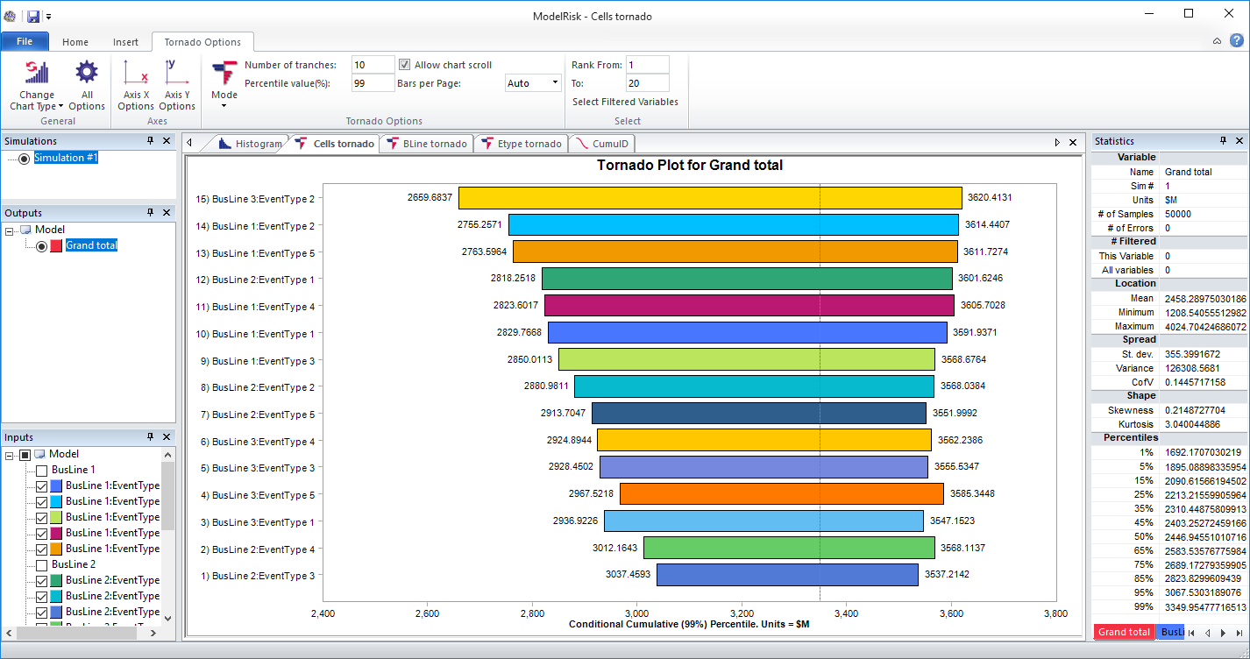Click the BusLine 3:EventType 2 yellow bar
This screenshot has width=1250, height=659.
click(710, 198)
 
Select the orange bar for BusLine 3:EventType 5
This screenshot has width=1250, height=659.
click(782, 494)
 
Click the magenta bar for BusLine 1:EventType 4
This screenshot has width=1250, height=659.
click(749, 306)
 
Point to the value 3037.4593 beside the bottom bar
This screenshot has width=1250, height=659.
click(628, 575)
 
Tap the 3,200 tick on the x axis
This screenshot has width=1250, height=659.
click(742, 613)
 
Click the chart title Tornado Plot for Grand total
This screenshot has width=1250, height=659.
click(690, 165)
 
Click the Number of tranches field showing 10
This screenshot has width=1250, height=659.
click(373, 65)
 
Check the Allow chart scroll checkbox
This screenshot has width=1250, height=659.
click(404, 65)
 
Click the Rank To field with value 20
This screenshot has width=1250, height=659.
click(647, 83)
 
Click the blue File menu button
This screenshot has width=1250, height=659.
click(25, 41)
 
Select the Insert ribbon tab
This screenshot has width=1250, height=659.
click(125, 42)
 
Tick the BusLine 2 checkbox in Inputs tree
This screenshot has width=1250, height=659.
click(42, 564)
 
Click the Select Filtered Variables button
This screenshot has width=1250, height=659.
click(625, 102)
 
